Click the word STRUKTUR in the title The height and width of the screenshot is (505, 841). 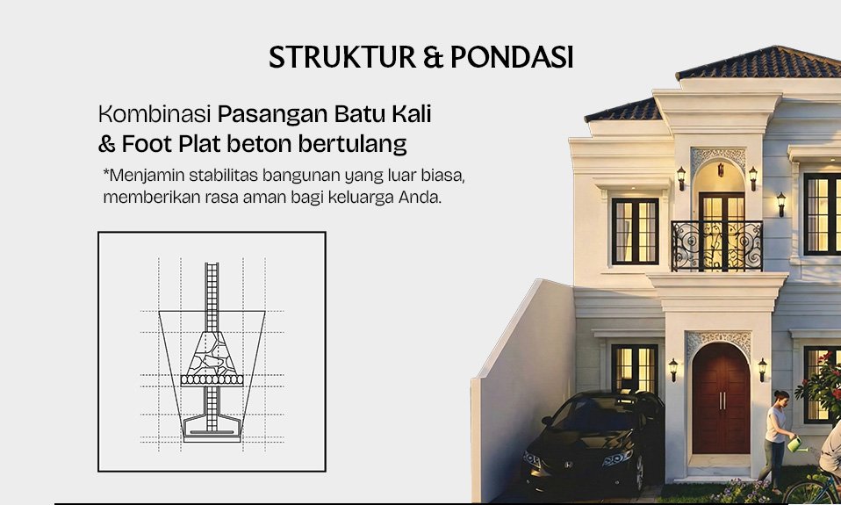[342, 57]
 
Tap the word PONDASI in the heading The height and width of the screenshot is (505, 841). [512, 57]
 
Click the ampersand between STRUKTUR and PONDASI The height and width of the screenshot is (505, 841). [433, 57]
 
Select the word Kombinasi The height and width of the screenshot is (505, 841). [155, 114]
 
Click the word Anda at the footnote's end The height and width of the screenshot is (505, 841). [420, 198]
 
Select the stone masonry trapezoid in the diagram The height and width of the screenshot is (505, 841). [212, 353]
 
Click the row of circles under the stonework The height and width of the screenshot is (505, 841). [212, 380]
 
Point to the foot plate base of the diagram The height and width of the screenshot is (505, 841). [212, 429]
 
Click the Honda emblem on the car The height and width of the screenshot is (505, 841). [568, 464]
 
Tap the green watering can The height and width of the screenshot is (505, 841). [794, 444]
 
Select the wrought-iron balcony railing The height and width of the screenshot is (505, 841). [716, 246]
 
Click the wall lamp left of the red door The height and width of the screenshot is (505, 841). [673, 369]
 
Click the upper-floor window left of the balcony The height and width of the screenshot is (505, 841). [635, 231]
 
